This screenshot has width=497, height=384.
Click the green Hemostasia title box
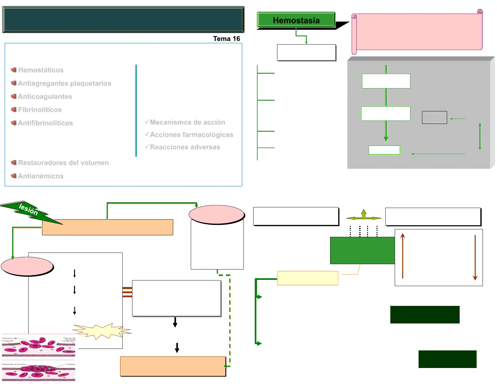(296, 20)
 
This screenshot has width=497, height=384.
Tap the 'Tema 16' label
(227, 39)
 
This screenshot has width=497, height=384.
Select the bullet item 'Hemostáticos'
(41, 70)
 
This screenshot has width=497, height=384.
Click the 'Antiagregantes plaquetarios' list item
(64, 83)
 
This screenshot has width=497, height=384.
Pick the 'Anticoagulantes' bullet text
(45, 97)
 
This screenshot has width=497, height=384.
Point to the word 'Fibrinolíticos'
(40, 110)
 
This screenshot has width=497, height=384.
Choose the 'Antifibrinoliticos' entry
(45, 123)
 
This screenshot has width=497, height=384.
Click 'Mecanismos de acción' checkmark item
(187, 122)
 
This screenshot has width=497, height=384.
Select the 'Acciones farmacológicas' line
(191, 135)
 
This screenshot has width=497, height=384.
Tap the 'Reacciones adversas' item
(185, 147)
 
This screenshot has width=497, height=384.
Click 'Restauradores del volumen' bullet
(63, 163)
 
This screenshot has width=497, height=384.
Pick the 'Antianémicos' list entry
(40, 176)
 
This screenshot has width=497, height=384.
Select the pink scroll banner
(417, 32)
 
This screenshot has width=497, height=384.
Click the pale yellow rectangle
(308, 278)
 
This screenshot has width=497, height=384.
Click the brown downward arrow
(475, 257)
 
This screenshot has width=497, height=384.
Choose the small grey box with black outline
(434, 117)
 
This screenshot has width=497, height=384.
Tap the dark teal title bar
(123, 19)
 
